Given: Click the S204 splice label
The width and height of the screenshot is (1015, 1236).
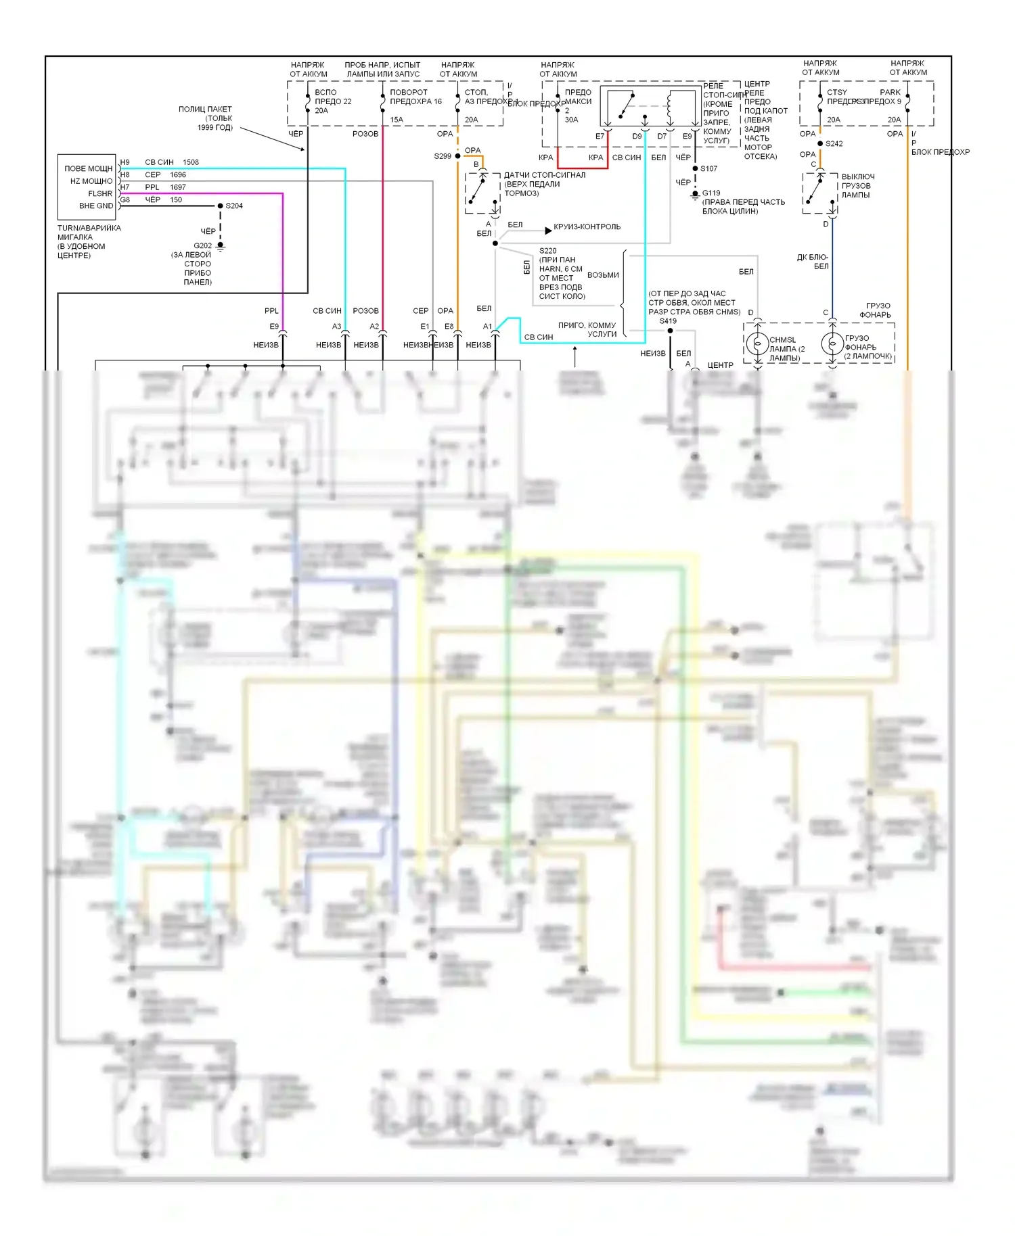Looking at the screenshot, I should tap(234, 206).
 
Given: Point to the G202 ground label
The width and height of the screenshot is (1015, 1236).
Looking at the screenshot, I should tap(202, 245).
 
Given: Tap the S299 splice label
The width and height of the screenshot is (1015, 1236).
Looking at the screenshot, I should tap(443, 156).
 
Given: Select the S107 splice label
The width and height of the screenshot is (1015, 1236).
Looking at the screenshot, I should tap(708, 168).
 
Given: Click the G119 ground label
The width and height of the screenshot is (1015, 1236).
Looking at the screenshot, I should tap(711, 193).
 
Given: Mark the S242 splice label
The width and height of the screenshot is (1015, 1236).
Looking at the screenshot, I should tap(834, 143).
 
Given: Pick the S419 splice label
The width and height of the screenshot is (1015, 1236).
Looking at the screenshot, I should tap(668, 321).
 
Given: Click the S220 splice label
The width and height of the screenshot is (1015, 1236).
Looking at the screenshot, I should tap(547, 251).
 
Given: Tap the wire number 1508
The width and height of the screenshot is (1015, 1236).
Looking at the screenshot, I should tap(191, 162).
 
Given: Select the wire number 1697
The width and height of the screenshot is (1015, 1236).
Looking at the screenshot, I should tap(178, 187).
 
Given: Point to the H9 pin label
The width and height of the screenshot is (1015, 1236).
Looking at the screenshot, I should tap(125, 162).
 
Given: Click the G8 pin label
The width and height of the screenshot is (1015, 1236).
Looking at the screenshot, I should tap(125, 200).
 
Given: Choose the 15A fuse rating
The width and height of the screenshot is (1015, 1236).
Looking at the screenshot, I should tap(397, 120).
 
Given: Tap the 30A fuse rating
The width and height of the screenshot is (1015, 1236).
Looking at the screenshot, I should tap(572, 120).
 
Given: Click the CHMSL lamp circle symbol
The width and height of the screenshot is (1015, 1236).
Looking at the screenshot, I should tap(757, 344).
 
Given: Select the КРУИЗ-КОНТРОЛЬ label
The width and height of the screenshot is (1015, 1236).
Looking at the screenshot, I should tap(587, 227).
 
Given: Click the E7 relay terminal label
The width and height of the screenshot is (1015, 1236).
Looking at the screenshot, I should tap(600, 137).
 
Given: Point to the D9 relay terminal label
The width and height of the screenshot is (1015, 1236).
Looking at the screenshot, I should tap(637, 137).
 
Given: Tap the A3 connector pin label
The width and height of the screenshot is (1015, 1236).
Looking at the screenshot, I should tap(336, 327).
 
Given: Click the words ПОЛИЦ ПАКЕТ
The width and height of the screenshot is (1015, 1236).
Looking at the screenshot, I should tap(205, 109).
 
